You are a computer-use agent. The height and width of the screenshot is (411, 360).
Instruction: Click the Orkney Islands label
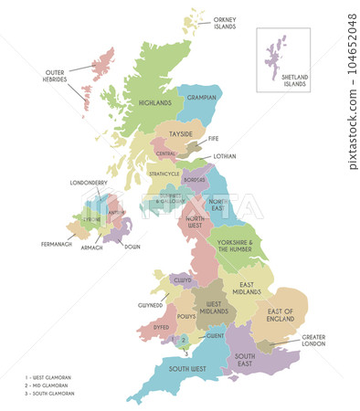(x=224, y=23)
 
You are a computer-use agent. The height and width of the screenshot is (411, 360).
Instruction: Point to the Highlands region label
(x=154, y=103)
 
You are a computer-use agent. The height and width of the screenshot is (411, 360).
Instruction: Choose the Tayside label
(x=179, y=134)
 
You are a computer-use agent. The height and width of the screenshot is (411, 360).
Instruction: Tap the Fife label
(x=213, y=139)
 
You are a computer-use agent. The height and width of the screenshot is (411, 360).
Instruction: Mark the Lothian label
(x=225, y=156)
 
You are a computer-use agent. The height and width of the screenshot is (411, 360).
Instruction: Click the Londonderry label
(x=89, y=183)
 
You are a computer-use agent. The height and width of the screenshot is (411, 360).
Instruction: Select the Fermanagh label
(x=58, y=244)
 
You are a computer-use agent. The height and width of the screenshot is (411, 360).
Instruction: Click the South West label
(x=185, y=369)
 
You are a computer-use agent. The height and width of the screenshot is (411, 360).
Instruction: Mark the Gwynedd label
(x=151, y=305)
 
